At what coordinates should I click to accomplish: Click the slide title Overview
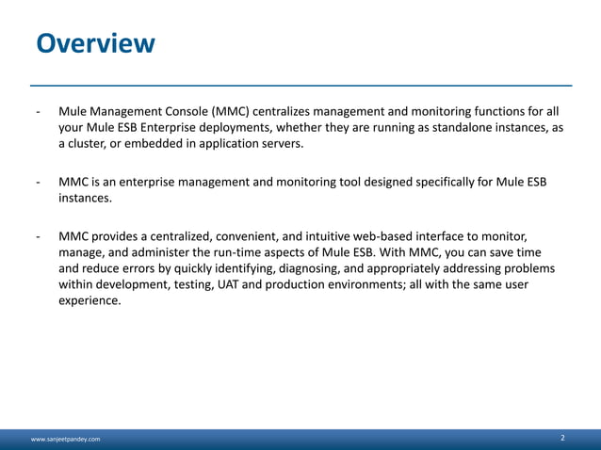click(x=94, y=43)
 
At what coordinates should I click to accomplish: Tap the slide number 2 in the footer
click(x=562, y=439)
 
